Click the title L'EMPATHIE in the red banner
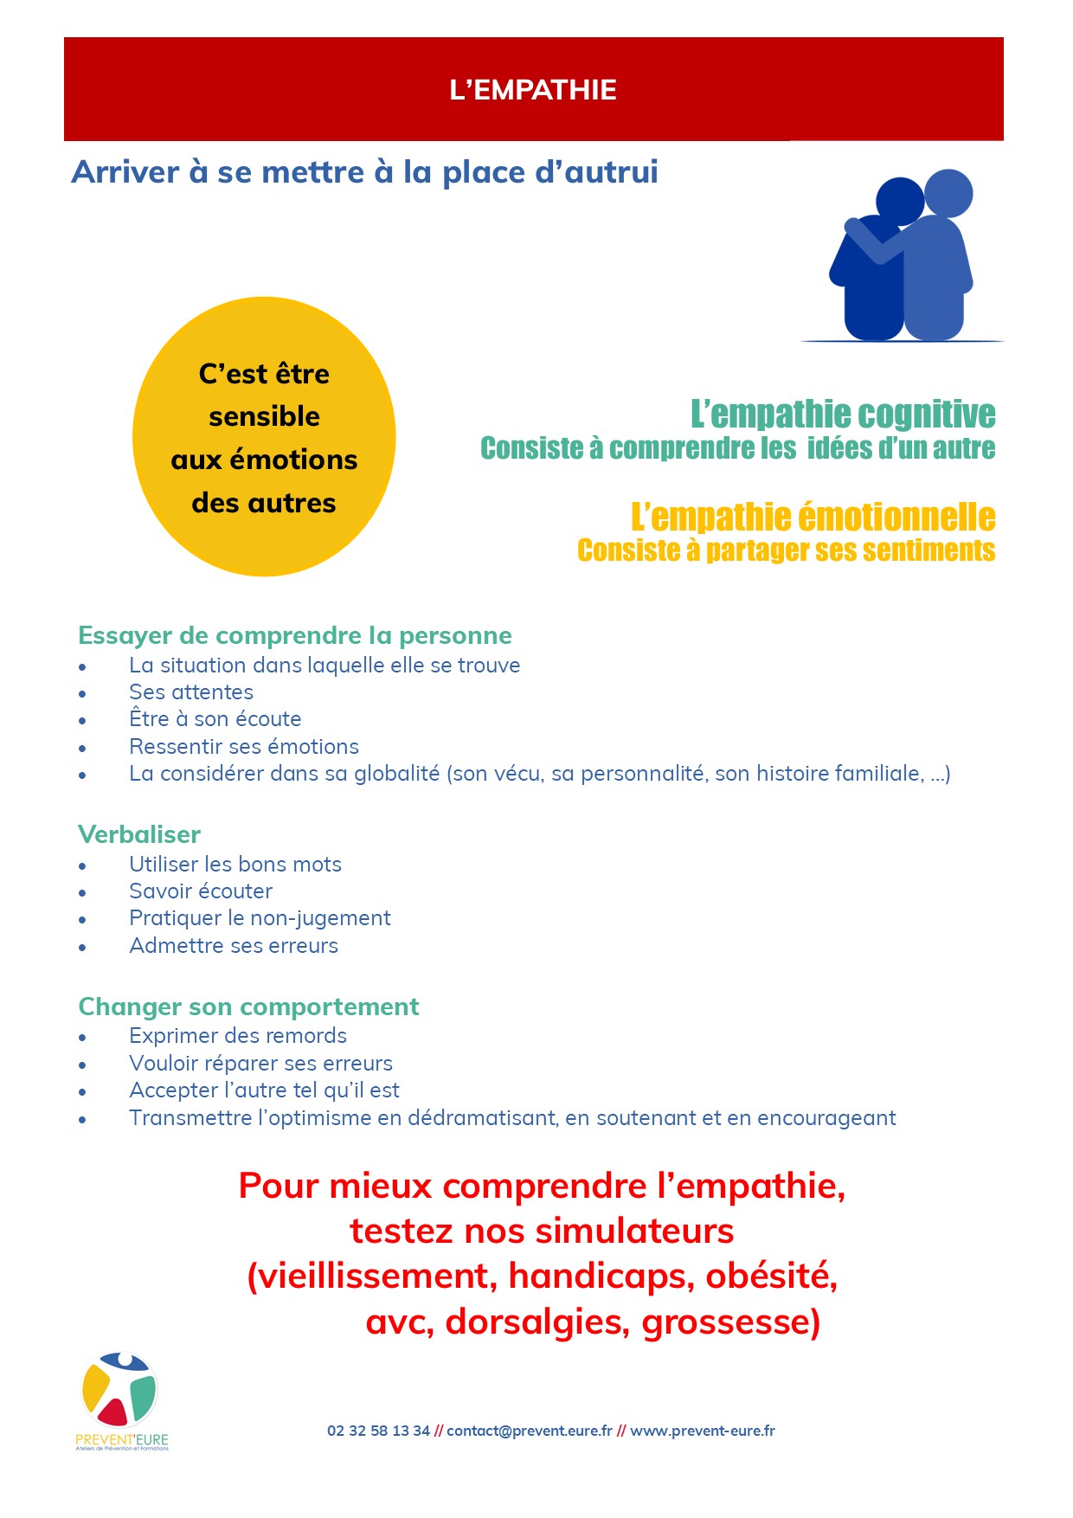533,90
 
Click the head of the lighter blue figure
948,193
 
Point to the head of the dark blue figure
899,202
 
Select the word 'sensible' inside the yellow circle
264,417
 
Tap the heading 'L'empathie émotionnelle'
813,518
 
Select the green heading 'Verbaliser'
139,835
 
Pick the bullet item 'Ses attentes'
191,692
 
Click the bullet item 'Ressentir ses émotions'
244,747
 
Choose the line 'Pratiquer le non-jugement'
260,918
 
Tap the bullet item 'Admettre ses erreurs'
234,946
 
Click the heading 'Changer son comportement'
248,1007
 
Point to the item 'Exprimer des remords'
238,1036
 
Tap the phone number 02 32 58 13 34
378,1431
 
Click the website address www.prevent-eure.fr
702,1431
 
